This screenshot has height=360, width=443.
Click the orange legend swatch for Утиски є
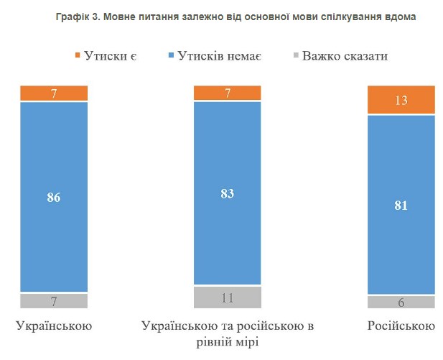[x=77, y=55]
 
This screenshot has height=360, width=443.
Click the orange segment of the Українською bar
[x=54, y=93]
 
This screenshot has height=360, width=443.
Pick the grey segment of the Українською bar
[x=54, y=300]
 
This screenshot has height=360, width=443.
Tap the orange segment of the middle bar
[x=228, y=93]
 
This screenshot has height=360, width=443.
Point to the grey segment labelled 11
[x=228, y=296]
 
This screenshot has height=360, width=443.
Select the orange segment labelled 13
[x=401, y=100]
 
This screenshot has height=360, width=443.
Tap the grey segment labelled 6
[x=401, y=302]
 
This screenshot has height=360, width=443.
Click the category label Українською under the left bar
[x=54, y=326]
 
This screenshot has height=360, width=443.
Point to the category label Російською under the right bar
[x=401, y=326]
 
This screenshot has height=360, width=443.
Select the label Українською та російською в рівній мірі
[x=228, y=334]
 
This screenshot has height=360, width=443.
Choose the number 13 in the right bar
[x=401, y=100]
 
